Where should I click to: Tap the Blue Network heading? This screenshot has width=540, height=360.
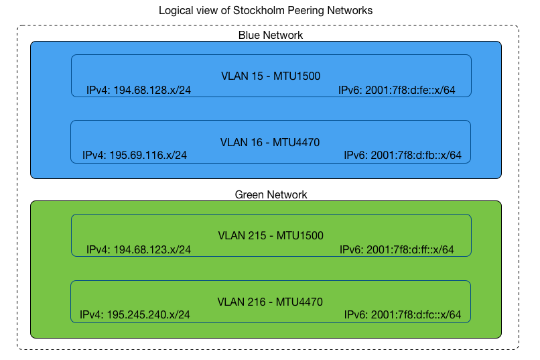[x=271, y=35]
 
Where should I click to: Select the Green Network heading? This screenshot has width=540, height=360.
[x=271, y=194]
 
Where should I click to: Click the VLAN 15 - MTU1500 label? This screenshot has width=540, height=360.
[x=271, y=76]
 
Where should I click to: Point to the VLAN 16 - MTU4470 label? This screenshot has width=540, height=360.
[x=270, y=142]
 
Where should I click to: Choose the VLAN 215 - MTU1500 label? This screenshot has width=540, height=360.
[x=271, y=235]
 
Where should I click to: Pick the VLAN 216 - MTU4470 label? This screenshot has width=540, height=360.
[x=270, y=302]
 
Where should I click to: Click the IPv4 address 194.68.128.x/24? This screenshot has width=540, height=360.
[x=139, y=90]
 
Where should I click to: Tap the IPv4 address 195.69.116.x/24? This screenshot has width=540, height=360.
[x=135, y=156]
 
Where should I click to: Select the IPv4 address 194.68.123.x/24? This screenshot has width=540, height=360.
[x=139, y=249]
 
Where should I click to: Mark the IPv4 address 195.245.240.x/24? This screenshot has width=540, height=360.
[x=135, y=314]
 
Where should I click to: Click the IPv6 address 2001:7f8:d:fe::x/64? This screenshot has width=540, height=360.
[x=397, y=90]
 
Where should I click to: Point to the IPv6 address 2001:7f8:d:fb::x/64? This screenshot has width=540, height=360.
[x=403, y=156]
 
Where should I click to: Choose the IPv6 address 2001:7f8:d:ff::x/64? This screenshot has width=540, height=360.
[x=397, y=249]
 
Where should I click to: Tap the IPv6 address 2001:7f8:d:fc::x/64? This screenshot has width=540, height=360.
[x=403, y=314]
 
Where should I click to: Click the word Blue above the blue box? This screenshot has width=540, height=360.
[x=249, y=35]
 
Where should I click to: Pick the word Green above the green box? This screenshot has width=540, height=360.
[x=249, y=194]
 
